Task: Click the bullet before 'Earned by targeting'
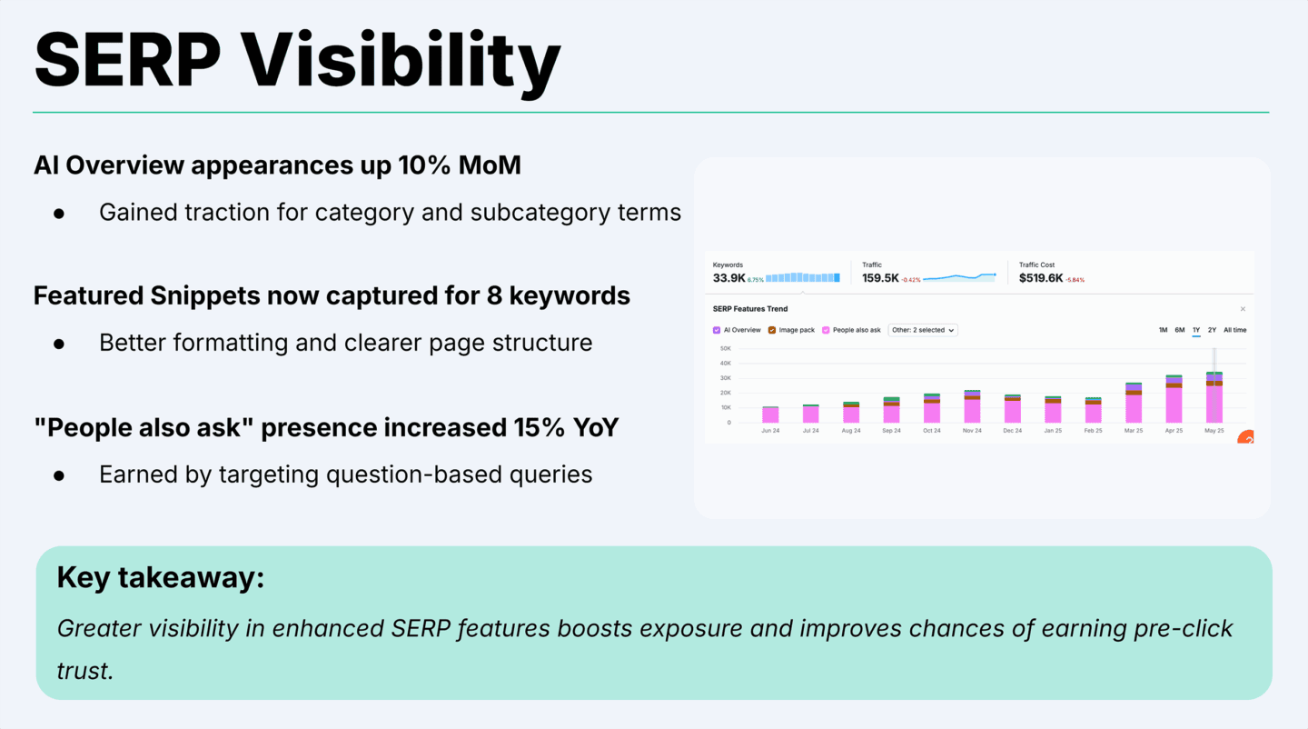(59, 474)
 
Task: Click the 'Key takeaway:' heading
(160, 577)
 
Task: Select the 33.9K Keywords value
(729, 278)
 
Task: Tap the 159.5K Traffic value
(880, 278)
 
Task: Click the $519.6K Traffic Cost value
(1041, 278)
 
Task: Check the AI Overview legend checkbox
(717, 330)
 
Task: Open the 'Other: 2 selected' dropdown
(923, 330)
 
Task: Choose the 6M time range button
(1179, 330)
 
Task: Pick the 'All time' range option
(1234, 330)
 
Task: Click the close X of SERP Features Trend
(1243, 309)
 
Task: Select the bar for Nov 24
(972, 406)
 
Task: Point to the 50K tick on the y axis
(725, 348)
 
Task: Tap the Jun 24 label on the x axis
(770, 431)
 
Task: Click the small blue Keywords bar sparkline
(802, 278)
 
